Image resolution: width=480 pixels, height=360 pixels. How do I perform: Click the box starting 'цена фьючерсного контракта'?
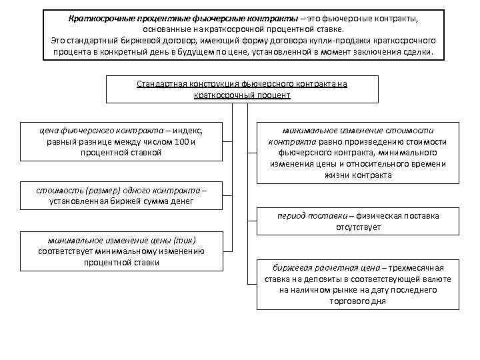(121, 141)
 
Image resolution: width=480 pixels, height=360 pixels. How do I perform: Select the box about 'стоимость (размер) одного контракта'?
(121, 195)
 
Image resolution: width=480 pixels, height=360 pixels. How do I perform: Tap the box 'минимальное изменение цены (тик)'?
(121, 251)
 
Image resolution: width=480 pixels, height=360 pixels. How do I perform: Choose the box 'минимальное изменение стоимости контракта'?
(358, 153)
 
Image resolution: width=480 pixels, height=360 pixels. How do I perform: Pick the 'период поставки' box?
(358, 221)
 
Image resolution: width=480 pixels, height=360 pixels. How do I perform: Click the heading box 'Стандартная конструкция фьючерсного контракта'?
(242, 89)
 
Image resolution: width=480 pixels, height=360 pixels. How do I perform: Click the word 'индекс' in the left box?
(188, 130)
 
